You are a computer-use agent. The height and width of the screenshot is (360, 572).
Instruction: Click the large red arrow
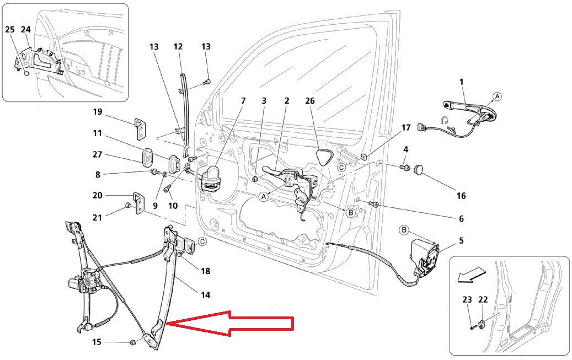(x=232, y=324)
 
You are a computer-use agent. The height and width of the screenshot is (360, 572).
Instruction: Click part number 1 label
(x=461, y=82)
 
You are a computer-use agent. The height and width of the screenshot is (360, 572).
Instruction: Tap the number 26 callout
(x=310, y=101)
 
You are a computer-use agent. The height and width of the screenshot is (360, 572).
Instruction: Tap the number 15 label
(x=97, y=342)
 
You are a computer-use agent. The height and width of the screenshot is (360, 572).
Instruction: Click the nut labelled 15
(x=133, y=343)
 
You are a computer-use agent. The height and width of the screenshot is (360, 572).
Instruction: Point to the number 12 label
(x=178, y=47)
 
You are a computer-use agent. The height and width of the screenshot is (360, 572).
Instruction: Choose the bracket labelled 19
(x=141, y=129)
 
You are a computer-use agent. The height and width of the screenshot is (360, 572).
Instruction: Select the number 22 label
(x=483, y=299)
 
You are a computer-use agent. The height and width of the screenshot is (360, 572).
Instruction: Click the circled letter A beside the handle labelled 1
(x=497, y=96)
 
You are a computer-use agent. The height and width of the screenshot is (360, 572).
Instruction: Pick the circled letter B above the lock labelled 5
(x=403, y=229)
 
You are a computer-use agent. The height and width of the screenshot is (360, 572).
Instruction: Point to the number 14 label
(x=205, y=295)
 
